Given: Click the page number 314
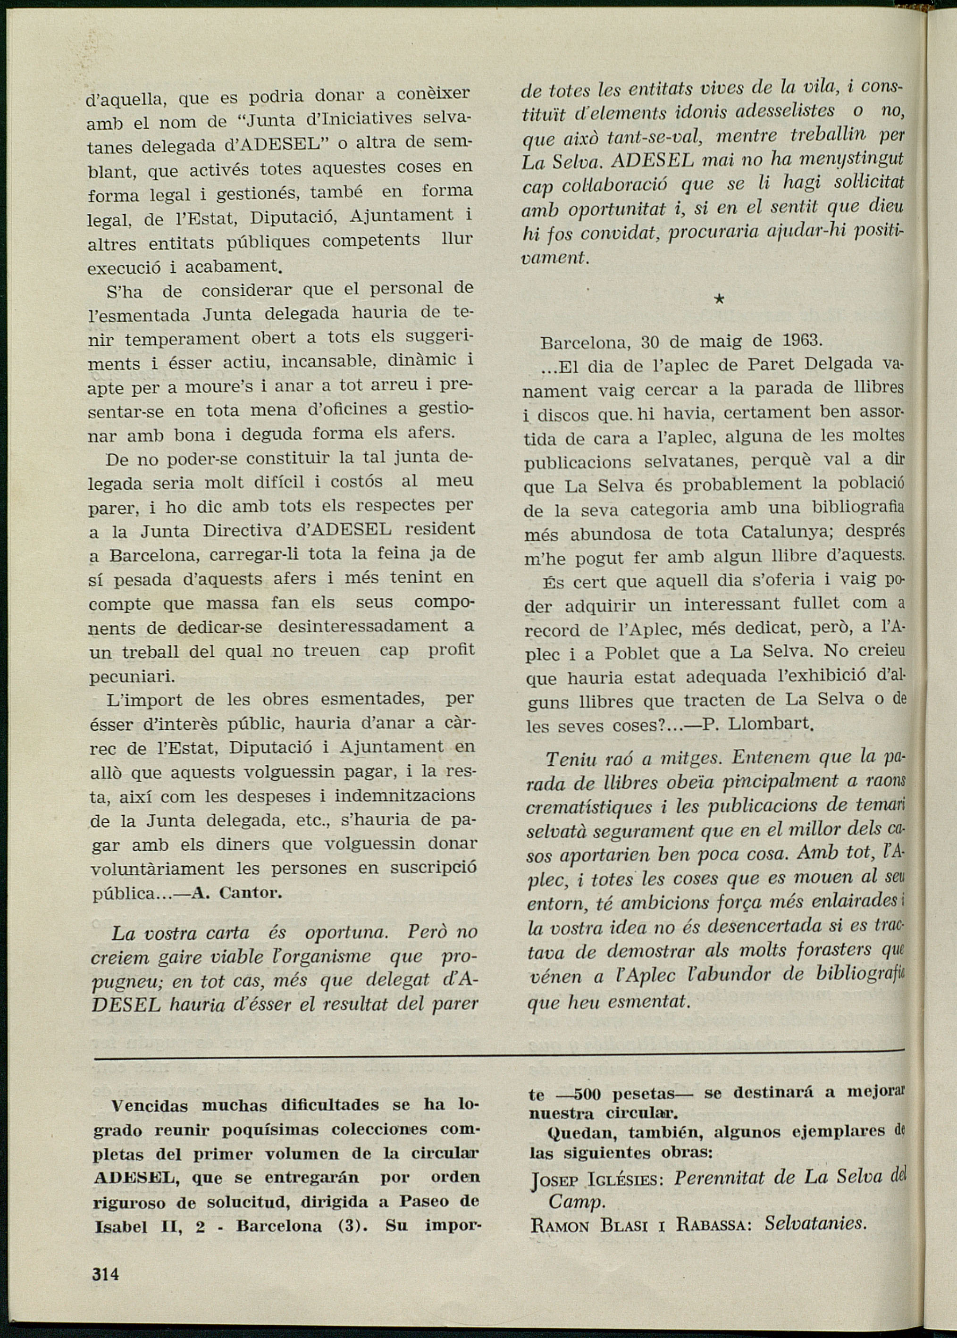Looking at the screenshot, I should click(106, 1274).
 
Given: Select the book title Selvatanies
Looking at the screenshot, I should click(815, 1224).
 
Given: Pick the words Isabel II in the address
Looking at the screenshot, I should click(127, 1227).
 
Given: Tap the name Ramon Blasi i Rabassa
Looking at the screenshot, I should click(639, 1225).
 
